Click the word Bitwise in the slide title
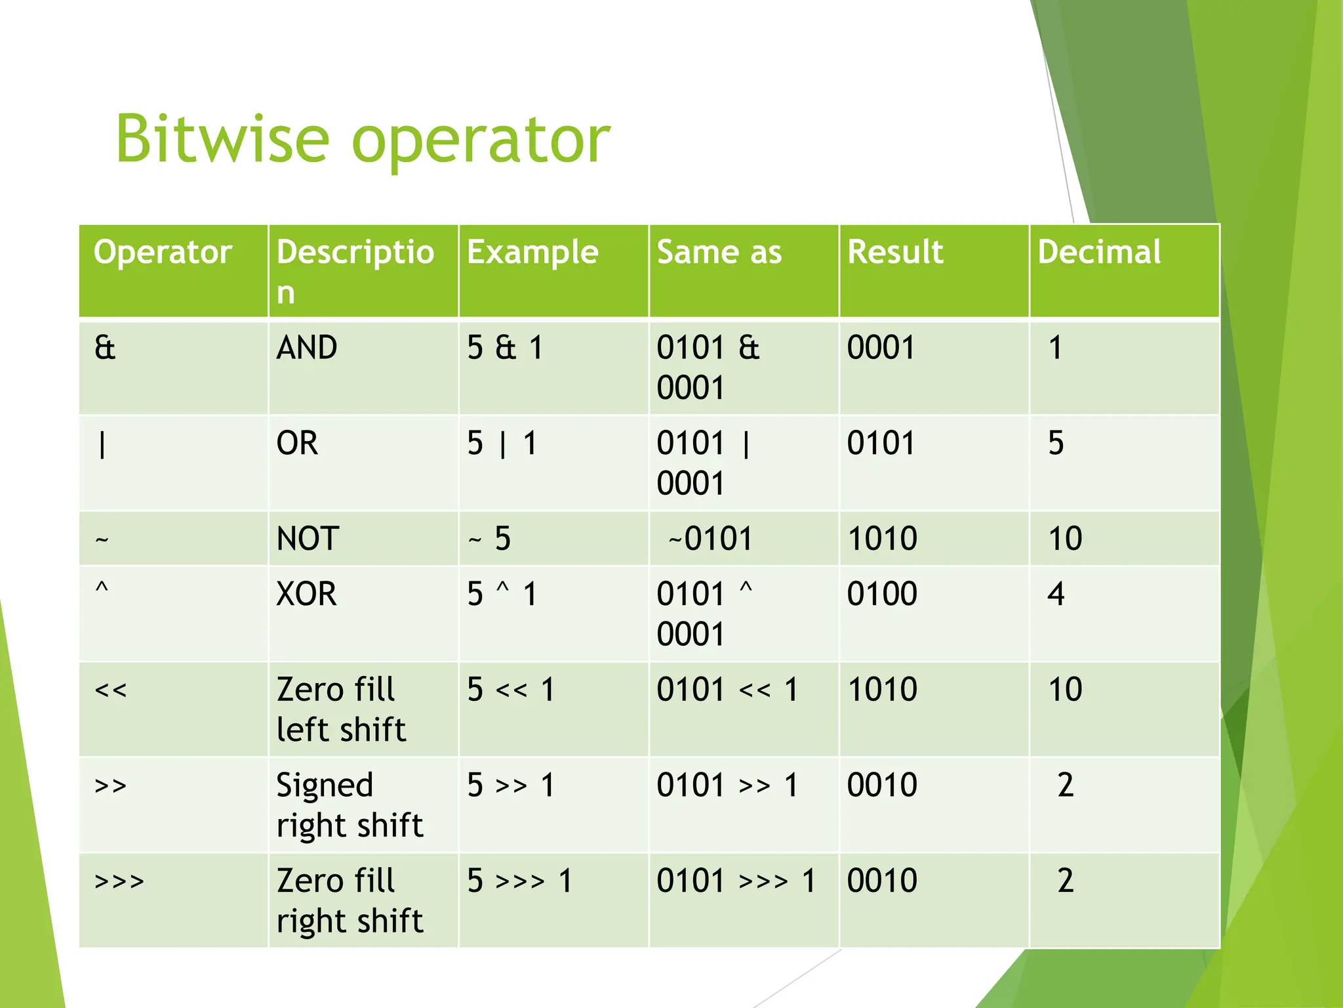click(222, 139)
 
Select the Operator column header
click(163, 253)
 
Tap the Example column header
click(532, 253)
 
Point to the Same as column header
click(719, 253)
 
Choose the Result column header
click(895, 253)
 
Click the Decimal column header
click(1099, 253)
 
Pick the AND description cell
click(307, 348)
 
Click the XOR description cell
click(306, 595)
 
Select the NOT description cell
click(308, 539)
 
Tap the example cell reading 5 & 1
click(505, 348)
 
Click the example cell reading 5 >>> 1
click(520, 881)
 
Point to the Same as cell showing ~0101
click(711, 539)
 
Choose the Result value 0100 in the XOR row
click(882, 595)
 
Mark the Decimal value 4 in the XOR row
click(1056, 595)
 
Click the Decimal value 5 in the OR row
click(1056, 444)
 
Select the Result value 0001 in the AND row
click(881, 348)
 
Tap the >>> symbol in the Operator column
click(119, 881)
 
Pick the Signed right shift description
click(350, 805)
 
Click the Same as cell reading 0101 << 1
click(727, 690)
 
